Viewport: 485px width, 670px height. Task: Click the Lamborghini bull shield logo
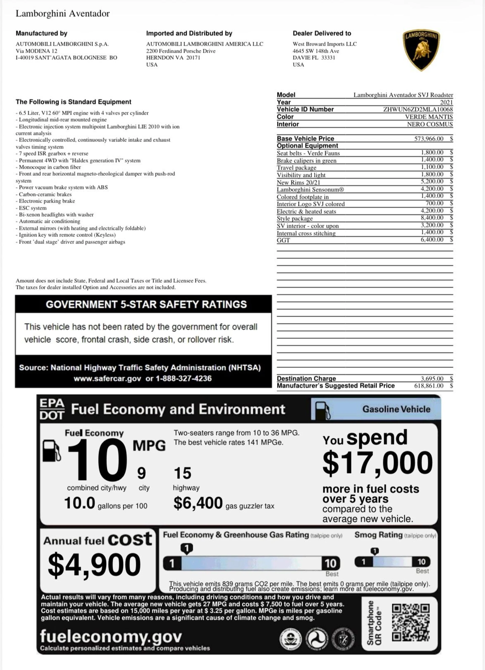[x=421, y=50]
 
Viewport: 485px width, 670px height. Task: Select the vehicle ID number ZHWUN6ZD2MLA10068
[x=418, y=109]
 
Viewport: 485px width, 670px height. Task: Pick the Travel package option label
[x=297, y=167]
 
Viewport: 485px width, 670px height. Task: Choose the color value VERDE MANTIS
[x=429, y=117]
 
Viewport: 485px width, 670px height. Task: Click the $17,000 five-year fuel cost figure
[x=377, y=463]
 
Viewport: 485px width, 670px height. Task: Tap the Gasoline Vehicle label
[x=396, y=409]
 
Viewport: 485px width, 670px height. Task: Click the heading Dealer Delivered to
[x=322, y=33]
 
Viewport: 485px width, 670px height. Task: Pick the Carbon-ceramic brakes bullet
[x=45, y=194]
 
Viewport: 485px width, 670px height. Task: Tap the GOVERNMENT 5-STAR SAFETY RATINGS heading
[x=146, y=304]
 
